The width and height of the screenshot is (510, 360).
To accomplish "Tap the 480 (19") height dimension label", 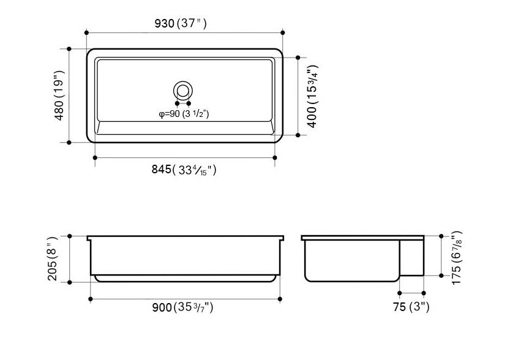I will [59, 96].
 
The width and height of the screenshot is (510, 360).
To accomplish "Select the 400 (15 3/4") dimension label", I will [312, 96].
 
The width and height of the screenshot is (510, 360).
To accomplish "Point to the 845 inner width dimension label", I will [184, 170].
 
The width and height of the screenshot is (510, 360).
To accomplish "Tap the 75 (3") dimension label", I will [411, 307].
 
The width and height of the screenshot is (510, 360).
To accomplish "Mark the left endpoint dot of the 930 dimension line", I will [86, 32].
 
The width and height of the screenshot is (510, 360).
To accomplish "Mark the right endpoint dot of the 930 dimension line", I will [283, 32].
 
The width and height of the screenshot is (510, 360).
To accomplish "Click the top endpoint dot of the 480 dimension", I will [69, 48].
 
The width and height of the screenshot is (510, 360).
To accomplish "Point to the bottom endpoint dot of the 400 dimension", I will [298, 134].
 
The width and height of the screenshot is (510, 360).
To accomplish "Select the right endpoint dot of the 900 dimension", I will [280, 299].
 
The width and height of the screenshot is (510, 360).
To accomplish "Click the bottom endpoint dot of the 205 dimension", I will [70, 282].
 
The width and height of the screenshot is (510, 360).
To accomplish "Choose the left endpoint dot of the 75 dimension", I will [399, 293].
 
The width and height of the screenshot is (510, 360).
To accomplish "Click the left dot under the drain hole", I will [178, 103].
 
